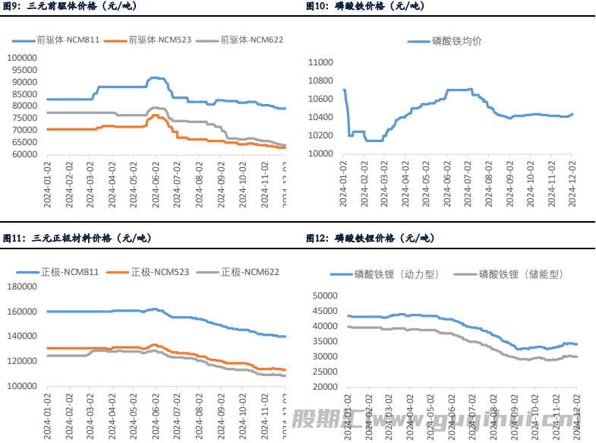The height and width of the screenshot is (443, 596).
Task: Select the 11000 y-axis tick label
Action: click(322, 62)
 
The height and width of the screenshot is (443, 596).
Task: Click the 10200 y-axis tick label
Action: click(322, 135)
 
